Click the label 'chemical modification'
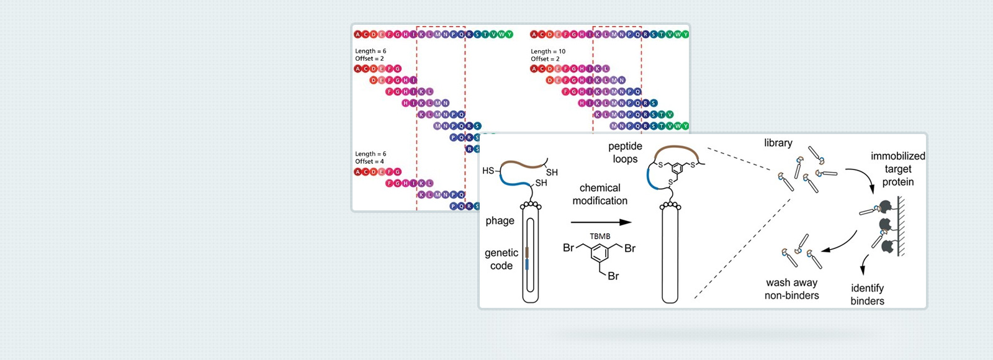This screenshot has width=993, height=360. pos(600,194)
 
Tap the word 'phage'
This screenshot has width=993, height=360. pos(500,220)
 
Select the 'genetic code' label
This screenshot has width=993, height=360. pos(501,259)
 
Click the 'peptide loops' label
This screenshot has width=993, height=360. pos(625,152)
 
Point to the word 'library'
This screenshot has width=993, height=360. pos(778,143)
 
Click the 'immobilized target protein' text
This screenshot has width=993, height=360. pos(897,169)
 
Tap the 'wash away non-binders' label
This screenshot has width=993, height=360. pos(791,289)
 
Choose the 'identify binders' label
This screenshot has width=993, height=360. pos(867,294)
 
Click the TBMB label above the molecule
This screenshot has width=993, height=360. pos(600,236)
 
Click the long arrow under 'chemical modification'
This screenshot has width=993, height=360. pos(600,222)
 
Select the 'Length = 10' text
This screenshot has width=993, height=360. pos(548,52)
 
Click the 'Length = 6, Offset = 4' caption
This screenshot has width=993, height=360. pos(370,158)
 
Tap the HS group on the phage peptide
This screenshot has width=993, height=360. pos(488,171)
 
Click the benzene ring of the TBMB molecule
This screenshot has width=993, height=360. pos(600,253)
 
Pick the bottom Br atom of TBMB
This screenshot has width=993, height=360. pos(613,276)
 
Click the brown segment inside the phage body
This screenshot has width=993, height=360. pos(527,252)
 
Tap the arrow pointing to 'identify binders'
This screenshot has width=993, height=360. pos(863,264)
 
